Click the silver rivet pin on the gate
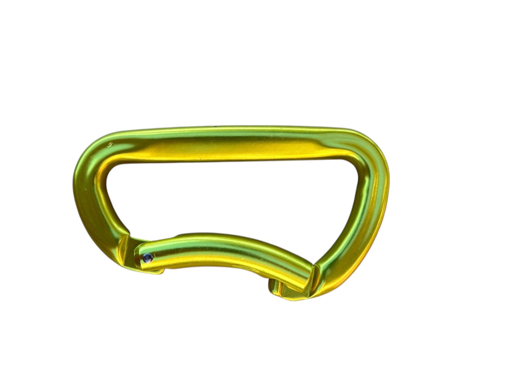147,258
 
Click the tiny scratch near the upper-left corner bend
111,143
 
